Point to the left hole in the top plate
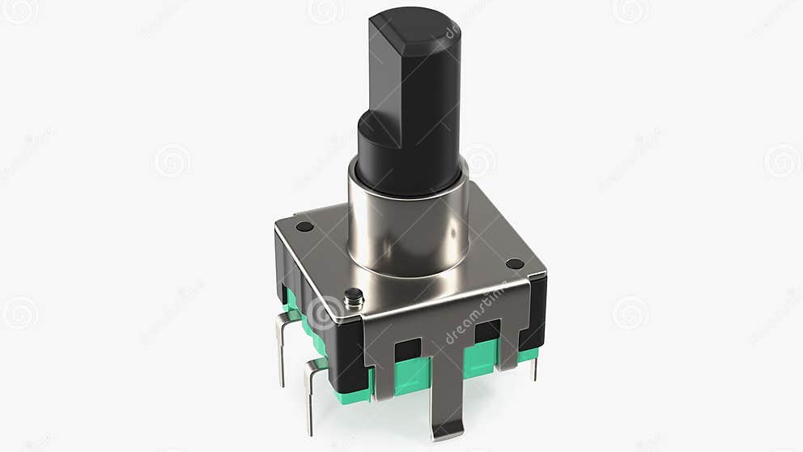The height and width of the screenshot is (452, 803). [304, 226]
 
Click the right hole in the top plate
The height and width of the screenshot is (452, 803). [514, 263]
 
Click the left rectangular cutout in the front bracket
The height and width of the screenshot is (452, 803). [407, 349]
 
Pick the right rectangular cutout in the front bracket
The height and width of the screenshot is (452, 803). [486, 331]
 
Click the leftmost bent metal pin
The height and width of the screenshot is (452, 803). [283, 340]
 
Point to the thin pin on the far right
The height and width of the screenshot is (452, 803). [533, 369]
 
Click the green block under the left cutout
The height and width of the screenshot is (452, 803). [413, 375]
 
